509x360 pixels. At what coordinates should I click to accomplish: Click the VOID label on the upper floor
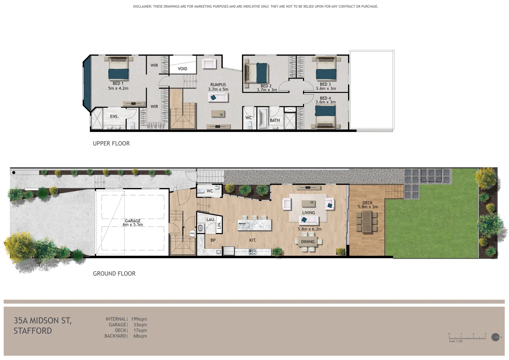click(182, 69)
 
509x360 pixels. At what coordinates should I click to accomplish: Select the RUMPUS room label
click(218, 85)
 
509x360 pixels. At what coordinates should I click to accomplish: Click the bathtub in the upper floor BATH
click(263, 118)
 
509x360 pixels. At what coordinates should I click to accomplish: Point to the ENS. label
click(114, 116)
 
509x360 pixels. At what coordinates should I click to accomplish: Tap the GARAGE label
click(133, 221)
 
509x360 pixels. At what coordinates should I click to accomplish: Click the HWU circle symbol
click(192, 233)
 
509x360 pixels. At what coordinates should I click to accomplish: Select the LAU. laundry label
click(211, 219)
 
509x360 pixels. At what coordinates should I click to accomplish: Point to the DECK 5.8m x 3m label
click(368, 205)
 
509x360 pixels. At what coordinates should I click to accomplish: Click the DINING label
click(308, 242)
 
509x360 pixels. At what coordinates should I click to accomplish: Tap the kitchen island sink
click(244, 226)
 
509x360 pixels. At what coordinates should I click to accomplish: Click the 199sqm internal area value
click(139, 319)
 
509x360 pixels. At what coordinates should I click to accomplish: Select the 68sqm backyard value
click(140, 336)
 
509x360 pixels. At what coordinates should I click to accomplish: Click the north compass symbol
click(495, 337)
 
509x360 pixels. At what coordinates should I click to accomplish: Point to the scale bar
click(467, 338)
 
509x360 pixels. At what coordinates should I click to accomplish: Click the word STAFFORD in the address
click(33, 331)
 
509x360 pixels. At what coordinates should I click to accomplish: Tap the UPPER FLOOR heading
click(111, 143)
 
